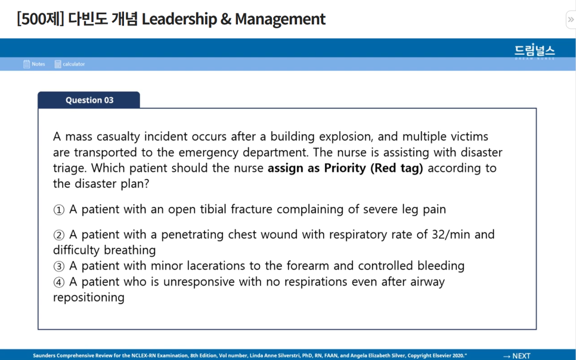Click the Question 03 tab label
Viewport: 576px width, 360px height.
point(89,100)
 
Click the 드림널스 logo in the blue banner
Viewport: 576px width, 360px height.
point(535,51)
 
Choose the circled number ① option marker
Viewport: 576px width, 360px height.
point(58,210)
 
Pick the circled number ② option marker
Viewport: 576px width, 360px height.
point(58,235)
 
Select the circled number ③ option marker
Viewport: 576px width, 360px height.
point(58,266)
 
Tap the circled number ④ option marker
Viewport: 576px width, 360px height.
point(58,281)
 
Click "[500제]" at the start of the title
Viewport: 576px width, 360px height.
point(40,19)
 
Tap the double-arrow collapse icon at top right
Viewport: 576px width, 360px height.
point(570,20)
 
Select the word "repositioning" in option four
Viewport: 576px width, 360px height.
point(88,297)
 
